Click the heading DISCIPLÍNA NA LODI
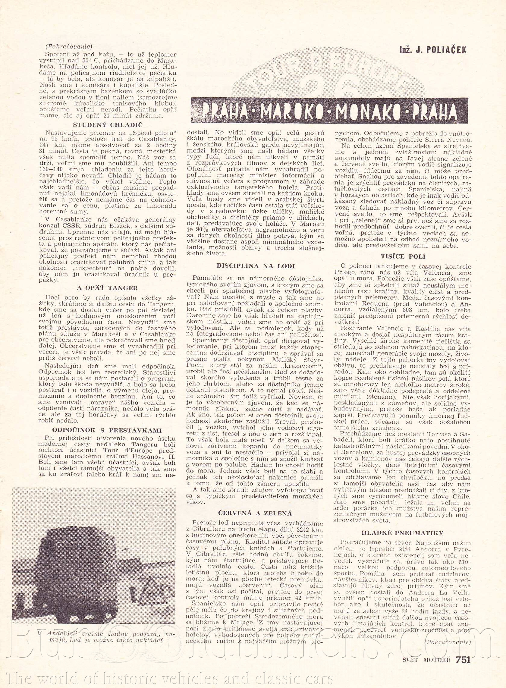coord(256,266)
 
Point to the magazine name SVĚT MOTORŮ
coord(426,650)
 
